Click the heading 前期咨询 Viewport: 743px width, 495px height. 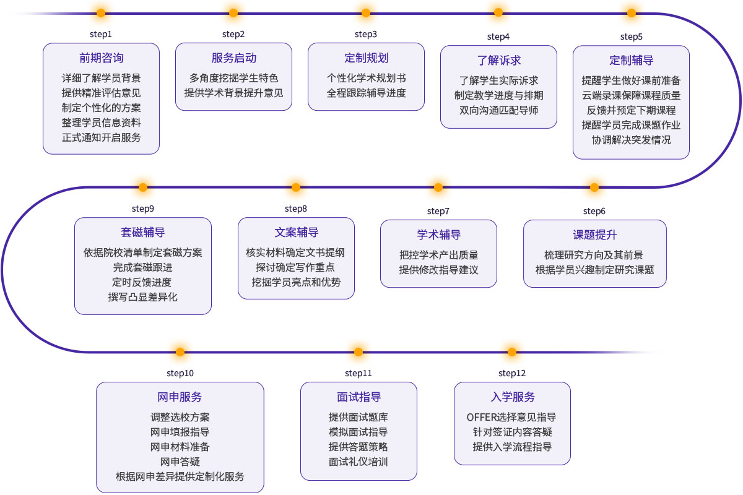(x=101, y=58)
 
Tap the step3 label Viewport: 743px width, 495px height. (x=366, y=34)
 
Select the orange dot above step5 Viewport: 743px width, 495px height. (x=632, y=13)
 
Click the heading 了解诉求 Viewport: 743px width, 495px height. (x=498, y=60)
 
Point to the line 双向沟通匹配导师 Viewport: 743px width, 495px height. (x=498, y=110)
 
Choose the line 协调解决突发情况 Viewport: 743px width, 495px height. (x=631, y=140)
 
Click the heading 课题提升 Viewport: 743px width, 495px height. (x=594, y=235)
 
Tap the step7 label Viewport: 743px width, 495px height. (x=438, y=211)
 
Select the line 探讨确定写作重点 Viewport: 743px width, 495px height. (x=296, y=267)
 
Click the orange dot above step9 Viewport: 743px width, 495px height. (x=143, y=187)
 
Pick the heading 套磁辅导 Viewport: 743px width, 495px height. (x=143, y=233)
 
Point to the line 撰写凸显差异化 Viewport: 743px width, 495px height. (x=143, y=297)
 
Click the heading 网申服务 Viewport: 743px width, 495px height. (x=180, y=397)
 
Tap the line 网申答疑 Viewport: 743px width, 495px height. (x=180, y=462)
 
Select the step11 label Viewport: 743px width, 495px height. (x=358, y=373)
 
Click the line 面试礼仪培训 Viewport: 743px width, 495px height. (x=358, y=462)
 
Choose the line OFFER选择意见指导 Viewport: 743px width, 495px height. (x=511, y=417)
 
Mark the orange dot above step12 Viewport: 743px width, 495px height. (x=512, y=352)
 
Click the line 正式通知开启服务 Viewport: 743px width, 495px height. (x=101, y=137)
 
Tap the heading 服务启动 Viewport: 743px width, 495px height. (x=233, y=58)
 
